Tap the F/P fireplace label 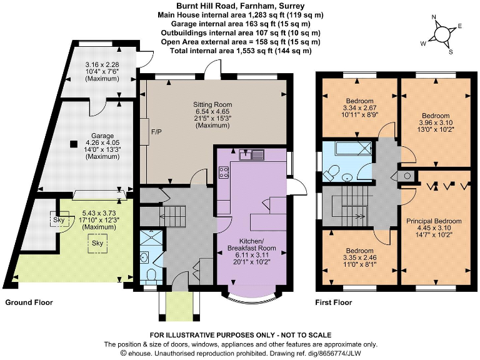tap(156, 132)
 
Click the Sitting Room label tap(213, 104)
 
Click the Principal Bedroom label tap(434, 221)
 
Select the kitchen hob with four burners tap(223, 173)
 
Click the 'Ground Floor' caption tap(29, 302)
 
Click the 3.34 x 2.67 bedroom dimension tap(359, 108)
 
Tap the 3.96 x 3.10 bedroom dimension tap(435, 123)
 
